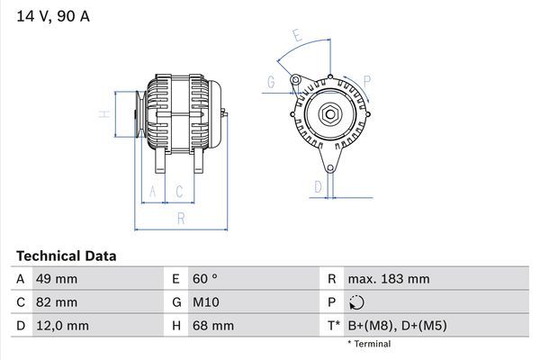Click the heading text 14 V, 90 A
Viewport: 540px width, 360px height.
(53, 16)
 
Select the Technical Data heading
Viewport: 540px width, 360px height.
(66, 256)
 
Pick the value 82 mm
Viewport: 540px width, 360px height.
(56, 302)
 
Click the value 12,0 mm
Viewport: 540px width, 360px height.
(61, 326)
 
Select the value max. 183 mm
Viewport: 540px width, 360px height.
(388, 279)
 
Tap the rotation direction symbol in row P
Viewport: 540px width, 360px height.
(357, 303)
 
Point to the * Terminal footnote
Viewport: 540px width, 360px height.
(370, 344)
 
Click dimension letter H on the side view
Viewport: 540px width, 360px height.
(104, 114)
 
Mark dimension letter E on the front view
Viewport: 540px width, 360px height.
(296, 37)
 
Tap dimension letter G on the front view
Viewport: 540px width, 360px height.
(270, 82)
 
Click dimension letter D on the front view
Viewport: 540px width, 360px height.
(318, 186)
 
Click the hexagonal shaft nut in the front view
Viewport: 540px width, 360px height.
(329, 114)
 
